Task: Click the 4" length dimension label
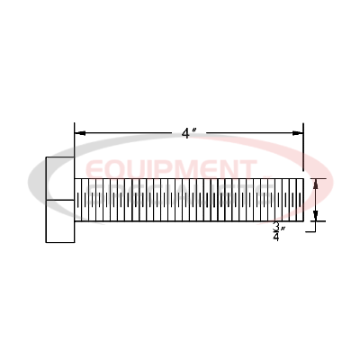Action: [x=188, y=133]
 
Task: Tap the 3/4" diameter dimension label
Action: [x=278, y=233]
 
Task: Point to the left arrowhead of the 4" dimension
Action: [x=79, y=133]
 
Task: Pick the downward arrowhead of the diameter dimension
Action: [x=315, y=215]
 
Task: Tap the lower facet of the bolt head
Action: [x=60, y=220]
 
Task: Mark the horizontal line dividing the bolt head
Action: [x=60, y=199]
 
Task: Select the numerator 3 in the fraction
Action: [x=276, y=228]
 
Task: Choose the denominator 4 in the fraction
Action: [x=276, y=238]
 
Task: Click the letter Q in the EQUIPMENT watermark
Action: [x=118, y=169]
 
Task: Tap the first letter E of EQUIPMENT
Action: [x=94, y=169]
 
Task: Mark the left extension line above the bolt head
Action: [x=74, y=144]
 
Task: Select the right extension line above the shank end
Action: [x=303, y=148]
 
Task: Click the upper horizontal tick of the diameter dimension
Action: [x=314, y=179]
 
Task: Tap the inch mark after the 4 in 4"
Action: [x=194, y=130]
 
